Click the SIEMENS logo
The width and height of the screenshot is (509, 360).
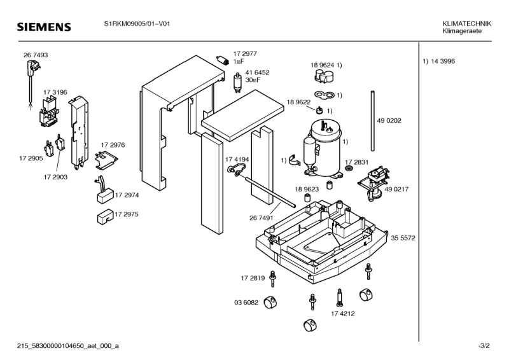(x=43, y=27)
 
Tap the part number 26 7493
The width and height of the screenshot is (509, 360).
(x=36, y=55)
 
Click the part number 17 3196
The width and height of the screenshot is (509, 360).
(x=55, y=92)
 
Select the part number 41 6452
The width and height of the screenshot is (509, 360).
(x=258, y=73)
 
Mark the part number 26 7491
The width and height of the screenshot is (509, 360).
(x=261, y=218)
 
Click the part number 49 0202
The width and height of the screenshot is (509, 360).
(x=389, y=120)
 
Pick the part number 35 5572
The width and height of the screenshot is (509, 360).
(x=403, y=238)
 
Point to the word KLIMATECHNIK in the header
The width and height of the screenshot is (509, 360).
(x=466, y=24)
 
